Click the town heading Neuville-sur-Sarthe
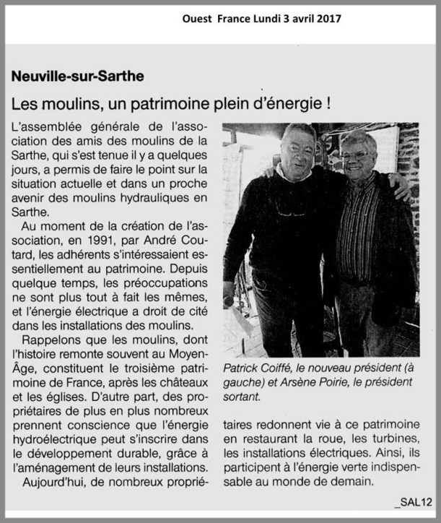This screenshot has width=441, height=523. pos(78,75)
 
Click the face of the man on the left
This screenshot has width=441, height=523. pos(297,150)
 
